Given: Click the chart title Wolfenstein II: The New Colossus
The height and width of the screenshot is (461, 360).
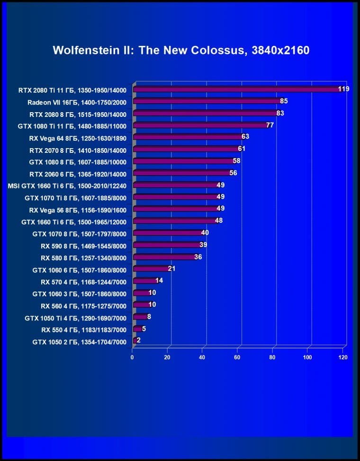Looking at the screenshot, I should coord(181,50).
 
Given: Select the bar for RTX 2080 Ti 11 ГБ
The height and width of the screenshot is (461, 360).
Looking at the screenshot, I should coord(237,89).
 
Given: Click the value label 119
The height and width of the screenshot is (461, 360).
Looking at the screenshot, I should coord(343,89).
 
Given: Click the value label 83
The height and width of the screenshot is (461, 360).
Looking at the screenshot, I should coord(280,113).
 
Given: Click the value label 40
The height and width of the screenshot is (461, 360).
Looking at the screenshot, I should coord(205,232).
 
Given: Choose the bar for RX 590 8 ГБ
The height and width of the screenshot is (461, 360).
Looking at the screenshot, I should coord(167,245).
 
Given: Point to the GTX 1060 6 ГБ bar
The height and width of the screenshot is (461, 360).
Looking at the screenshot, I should coord(151,269).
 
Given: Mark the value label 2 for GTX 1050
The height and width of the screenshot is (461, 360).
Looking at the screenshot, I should coord(138,340).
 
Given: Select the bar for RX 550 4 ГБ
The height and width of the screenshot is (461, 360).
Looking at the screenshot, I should coord(138,329).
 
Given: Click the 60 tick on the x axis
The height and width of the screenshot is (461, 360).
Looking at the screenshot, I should coord(237,357).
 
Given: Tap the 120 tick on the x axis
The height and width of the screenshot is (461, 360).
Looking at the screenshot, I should coord(343,357).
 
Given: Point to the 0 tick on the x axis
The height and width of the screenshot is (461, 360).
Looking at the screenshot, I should coord(132,357).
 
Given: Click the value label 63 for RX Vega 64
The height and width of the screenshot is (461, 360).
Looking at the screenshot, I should coord(245,137).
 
